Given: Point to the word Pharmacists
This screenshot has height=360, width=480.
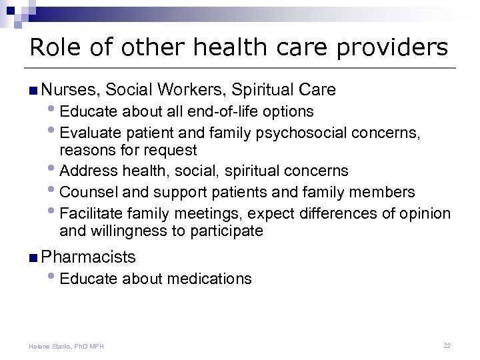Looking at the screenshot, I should click(88, 257).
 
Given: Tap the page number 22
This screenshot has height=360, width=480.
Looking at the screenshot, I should click(447, 346).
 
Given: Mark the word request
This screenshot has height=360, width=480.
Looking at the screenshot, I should click(173, 151).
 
